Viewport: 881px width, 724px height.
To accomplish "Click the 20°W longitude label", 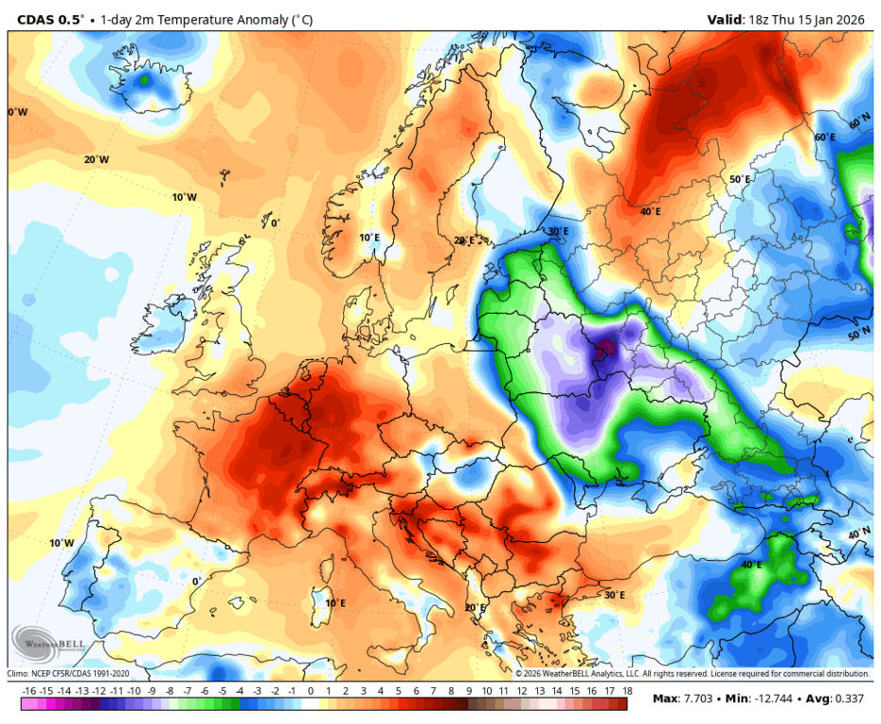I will [x=96, y=159].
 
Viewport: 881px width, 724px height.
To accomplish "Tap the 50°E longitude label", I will [x=740, y=179].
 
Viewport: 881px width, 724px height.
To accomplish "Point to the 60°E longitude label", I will [x=824, y=138].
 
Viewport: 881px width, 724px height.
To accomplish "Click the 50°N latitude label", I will [x=858, y=335].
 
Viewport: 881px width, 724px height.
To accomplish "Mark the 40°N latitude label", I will [x=858, y=534].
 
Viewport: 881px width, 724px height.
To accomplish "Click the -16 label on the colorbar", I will [x=29, y=691].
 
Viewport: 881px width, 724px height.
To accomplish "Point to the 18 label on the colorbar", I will [x=627, y=691].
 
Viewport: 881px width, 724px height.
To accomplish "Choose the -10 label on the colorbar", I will [x=135, y=691].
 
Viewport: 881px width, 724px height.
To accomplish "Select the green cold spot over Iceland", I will [x=143, y=81].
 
